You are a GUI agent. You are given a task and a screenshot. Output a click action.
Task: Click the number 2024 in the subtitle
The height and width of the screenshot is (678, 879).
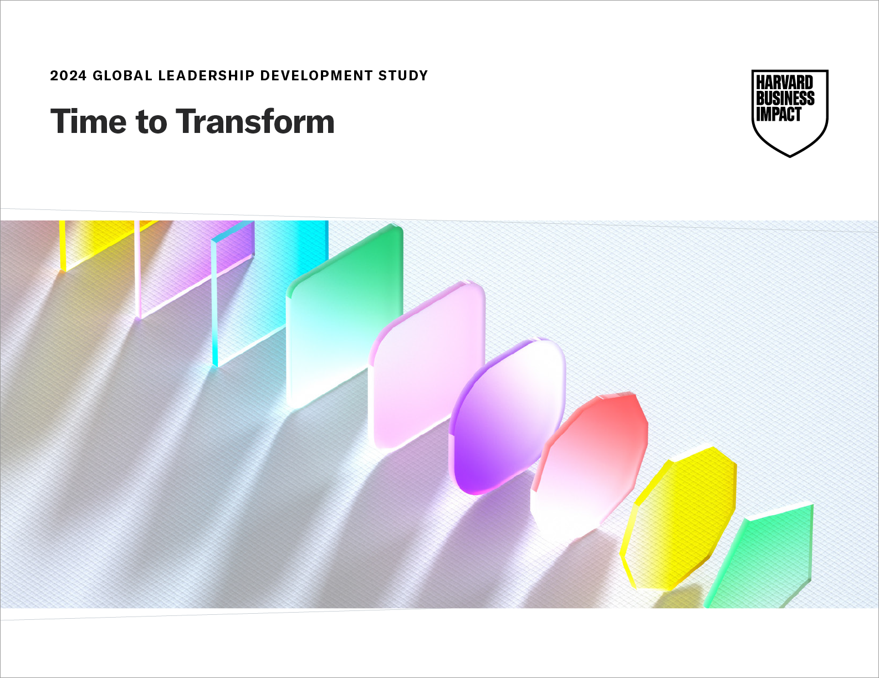(68, 75)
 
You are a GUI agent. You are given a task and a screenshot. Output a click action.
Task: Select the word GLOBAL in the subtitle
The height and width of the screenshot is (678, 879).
(122, 75)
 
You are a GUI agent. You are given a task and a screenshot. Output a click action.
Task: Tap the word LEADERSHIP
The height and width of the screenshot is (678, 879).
(206, 75)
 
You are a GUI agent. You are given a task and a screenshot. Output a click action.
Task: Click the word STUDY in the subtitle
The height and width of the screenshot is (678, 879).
(403, 75)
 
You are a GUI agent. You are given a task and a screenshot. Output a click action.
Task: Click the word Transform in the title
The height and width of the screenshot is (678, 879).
(255, 121)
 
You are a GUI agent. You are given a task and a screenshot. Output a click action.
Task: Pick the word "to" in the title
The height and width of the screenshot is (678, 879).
(151, 122)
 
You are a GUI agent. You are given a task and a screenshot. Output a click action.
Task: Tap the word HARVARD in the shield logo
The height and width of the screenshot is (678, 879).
(784, 83)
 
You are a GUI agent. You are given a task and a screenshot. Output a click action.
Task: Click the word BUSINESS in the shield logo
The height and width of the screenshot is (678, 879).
(785, 98)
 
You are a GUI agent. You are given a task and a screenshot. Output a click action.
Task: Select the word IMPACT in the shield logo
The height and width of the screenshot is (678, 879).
(779, 114)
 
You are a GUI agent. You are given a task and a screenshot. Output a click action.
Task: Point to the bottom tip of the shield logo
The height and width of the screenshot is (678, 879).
(790, 156)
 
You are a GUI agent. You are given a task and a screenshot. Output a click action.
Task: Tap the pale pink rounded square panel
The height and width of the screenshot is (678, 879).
(427, 366)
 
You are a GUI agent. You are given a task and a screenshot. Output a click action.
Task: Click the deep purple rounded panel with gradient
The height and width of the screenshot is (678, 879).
(507, 417)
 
